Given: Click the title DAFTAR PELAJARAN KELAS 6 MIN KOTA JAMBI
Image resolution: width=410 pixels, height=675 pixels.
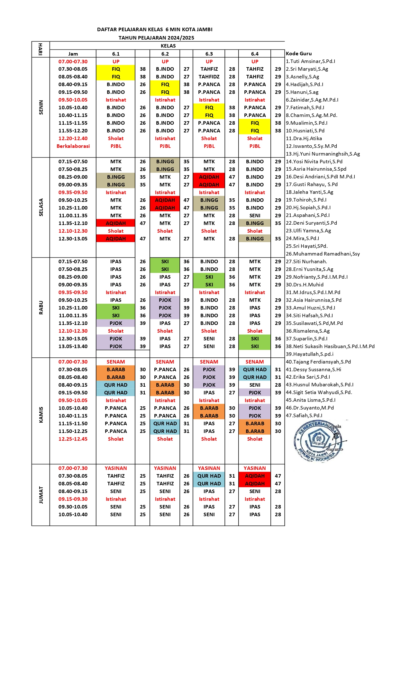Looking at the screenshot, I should [155, 29].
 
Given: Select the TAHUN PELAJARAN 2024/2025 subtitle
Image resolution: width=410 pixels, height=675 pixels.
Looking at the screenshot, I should [156, 38].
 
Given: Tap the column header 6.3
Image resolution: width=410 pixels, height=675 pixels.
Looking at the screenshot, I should [209, 54].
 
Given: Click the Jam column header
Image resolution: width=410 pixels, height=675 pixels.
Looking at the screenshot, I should [73, 54].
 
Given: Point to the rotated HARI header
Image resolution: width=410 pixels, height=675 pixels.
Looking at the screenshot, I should [41, 49].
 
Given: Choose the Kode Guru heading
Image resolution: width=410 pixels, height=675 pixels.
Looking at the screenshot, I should [299, 53].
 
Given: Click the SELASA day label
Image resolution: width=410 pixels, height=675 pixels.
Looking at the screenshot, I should [41, 207].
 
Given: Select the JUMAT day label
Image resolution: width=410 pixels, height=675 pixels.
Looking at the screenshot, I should [41, 495].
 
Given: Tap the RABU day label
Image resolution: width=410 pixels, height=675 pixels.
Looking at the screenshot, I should [41, 308].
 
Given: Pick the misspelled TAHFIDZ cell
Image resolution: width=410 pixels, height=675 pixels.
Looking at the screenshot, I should [209, 76].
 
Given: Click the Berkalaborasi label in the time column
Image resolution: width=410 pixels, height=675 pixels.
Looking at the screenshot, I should [73, 146].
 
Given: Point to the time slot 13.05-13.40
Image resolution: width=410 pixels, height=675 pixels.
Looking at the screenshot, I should [73, 346].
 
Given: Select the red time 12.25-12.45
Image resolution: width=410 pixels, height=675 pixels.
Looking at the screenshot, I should [73, 439].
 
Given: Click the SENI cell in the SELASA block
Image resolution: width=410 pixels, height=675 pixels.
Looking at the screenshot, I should [255, 215].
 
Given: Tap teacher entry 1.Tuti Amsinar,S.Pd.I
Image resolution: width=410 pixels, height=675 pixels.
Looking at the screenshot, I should [310, 61].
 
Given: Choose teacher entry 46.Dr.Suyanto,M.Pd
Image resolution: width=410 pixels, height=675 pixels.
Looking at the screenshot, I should [310, 408].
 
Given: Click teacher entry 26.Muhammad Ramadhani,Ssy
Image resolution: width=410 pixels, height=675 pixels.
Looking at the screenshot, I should [323, 254].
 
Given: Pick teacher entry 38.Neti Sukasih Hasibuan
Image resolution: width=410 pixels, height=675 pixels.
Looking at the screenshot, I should [330, 346].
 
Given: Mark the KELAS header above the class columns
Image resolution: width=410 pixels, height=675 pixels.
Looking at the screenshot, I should [168, 46].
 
